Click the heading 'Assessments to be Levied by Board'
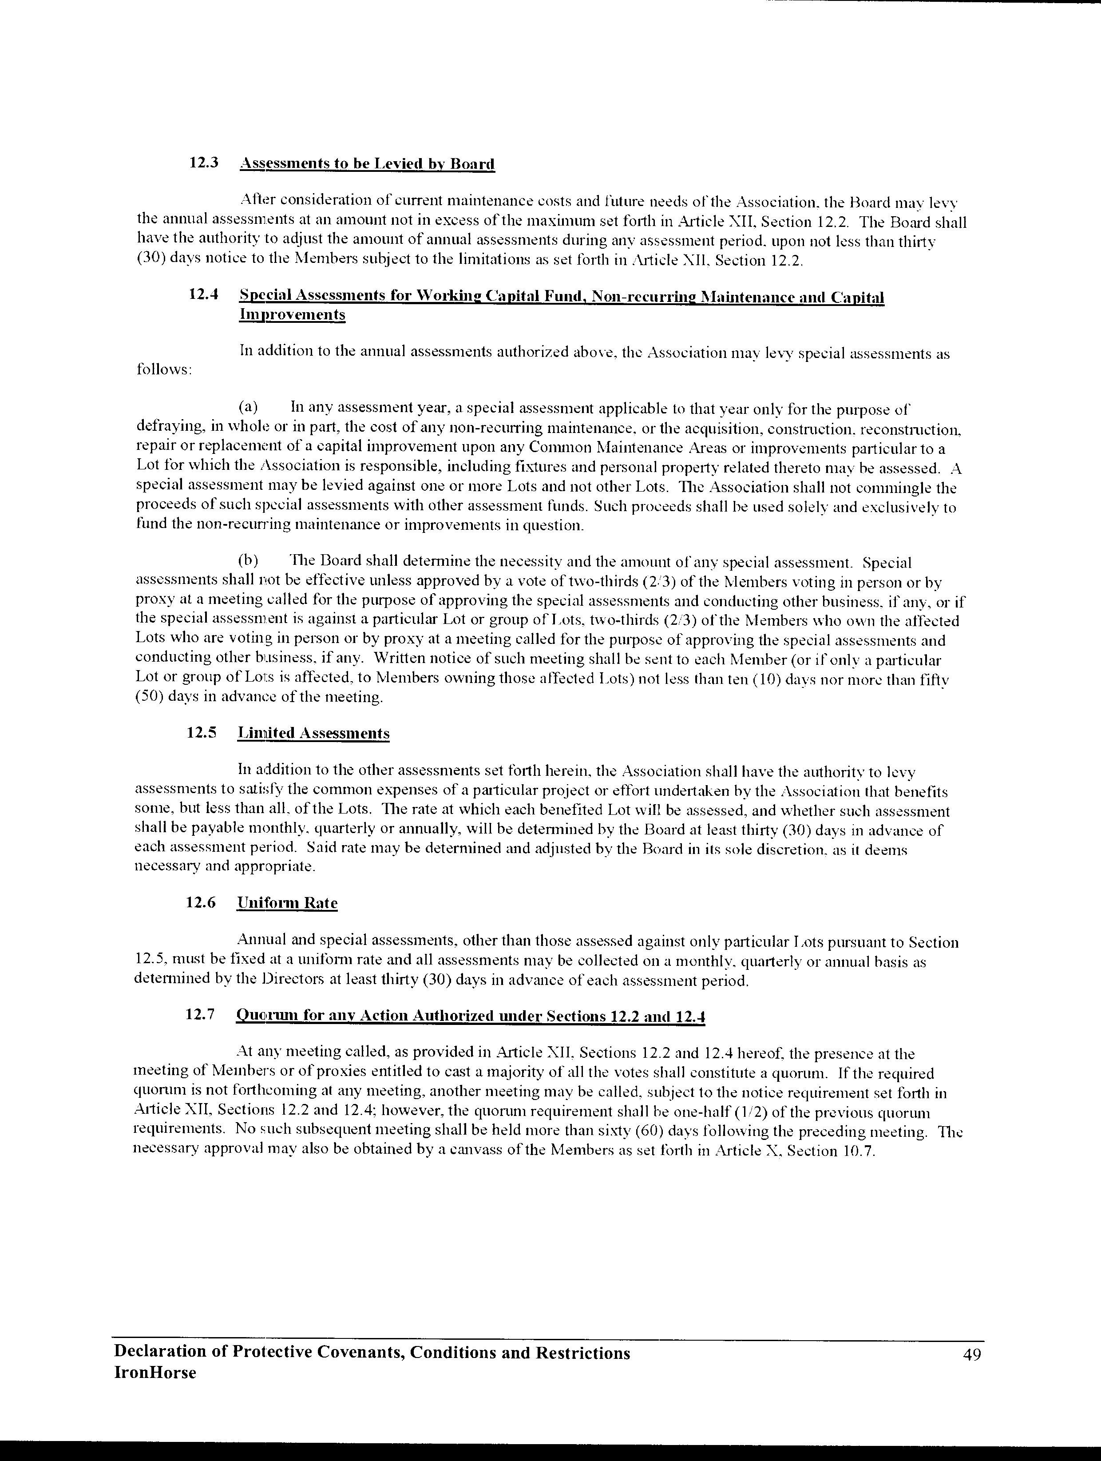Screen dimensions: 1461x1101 pyautogui.click(x=367, y=163)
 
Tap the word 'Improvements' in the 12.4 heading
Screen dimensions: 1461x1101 pyautogui.click(x=292, y=314)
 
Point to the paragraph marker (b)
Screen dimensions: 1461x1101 pyautogui.click(x=248, y=562)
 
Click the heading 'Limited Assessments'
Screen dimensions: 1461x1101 pyautogui.click(x=314, y=733)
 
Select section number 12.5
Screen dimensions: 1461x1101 pyautogui.click(x=202, y=732)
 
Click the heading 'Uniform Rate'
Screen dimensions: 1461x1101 pyautogui.click(x=287, y=903)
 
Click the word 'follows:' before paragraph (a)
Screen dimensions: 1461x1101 pyautogui.click(x=164, y=370)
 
